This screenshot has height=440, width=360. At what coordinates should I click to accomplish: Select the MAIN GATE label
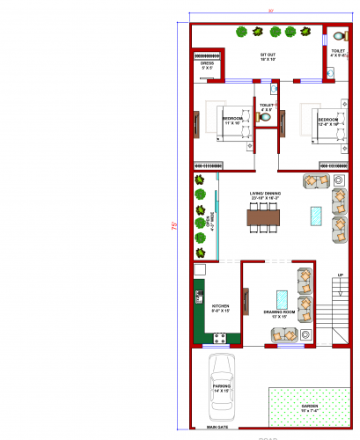click(217, 427)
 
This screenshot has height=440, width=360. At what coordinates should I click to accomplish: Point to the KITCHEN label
click(220, 308)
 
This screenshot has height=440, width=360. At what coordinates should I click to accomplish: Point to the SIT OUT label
click(268, 55)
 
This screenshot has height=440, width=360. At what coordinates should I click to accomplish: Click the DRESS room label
click(208, 64)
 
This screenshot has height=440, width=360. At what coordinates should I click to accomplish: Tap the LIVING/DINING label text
click(264, 194)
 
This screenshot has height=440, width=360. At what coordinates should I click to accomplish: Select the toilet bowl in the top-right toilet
click(338, 36)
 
